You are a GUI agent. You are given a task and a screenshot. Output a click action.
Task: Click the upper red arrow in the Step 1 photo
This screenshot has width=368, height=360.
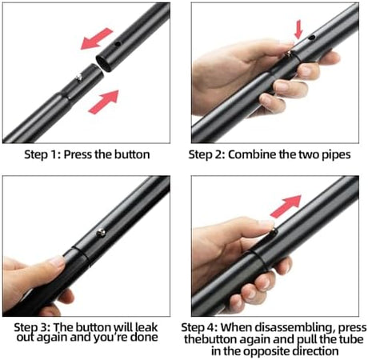pyautogui.click(x=97, y=39)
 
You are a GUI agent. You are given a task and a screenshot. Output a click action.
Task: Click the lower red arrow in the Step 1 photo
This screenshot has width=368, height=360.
pyautogui.click(x=104, y=102)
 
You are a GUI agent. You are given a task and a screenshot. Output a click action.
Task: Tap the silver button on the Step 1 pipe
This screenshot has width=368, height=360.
pyautogui.click(x=79, y=78)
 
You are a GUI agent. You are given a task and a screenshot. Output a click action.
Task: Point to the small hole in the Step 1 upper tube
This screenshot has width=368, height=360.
pyautogui.click(x=118, y=44)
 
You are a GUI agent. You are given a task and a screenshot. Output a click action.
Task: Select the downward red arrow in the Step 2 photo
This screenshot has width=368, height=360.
pyautogui.click(x=298, y=30)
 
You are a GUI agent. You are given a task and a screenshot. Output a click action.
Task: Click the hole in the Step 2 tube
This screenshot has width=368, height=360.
pyautogui.click(x=312, y=38)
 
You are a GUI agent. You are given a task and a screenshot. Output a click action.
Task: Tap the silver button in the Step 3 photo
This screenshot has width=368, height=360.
pyautogui.click(x=101, y=233)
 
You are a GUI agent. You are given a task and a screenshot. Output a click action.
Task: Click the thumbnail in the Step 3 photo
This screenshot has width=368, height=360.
pyautogui.click(x=57, y=261)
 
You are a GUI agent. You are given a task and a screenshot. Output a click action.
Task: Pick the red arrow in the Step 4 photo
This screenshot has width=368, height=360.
pyautogui.click(x=286, y=206)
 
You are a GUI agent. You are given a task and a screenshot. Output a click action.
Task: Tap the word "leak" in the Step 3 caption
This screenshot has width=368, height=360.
pyautogui.click(x=146, y=327)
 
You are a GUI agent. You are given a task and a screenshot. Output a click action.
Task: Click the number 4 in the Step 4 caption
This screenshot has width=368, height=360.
pyautogui.click(x=213, y=327)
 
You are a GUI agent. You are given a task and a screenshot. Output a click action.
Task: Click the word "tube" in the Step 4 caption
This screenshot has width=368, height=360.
pyautogui.click(x=351, y=339)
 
